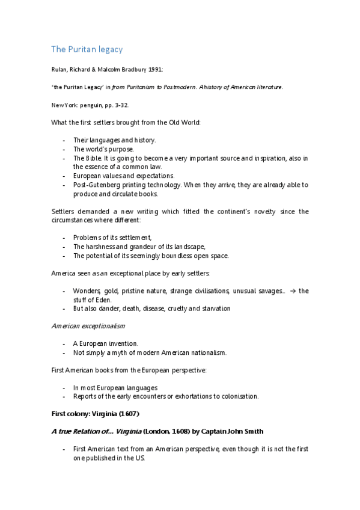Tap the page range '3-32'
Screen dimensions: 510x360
tap(120, 105)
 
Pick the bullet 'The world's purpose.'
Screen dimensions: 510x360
tap(103, 149)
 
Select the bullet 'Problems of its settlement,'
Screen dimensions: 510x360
tap(112, 238)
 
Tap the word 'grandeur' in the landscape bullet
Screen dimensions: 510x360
tap(146, 247)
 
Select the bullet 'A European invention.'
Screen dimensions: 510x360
tap(105, 343)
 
